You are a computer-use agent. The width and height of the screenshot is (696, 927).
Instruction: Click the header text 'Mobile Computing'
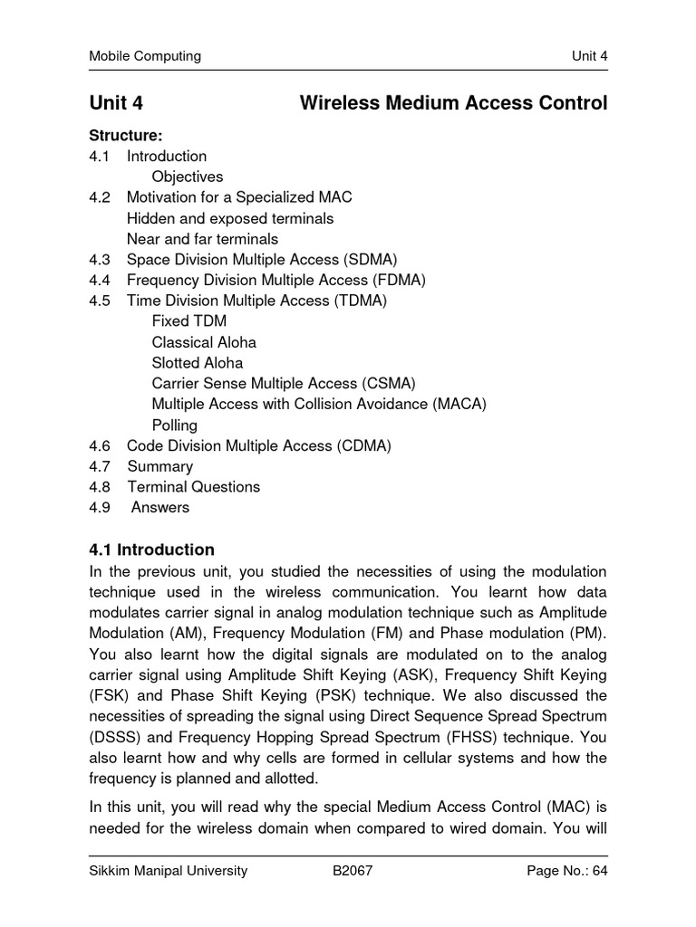tap(144, 56)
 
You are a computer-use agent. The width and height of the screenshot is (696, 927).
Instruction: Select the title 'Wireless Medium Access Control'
tap(453, 103)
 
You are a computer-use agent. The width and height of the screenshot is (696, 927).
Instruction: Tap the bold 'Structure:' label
tap(125, 136)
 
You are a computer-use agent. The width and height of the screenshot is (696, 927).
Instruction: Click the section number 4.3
tap(99, 260)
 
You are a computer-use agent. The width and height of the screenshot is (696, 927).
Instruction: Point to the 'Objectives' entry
tap(187, 177)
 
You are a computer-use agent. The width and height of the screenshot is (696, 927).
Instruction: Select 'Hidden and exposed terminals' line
tap(230, 218)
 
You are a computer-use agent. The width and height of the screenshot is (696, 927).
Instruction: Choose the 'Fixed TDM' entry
tap(189, 321)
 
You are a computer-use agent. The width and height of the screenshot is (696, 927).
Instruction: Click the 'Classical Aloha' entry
tap(204, 342)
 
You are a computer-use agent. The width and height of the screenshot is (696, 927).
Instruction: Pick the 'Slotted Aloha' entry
tap(198, 363)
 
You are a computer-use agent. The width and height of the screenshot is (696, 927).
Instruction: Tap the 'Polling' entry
tap(175, 425)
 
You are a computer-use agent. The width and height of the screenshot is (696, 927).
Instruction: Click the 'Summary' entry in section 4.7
tap(159, 466)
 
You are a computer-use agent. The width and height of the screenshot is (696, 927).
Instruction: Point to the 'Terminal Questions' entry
tap(193, 487)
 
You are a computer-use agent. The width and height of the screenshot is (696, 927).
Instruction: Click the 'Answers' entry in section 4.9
tap(160, 508)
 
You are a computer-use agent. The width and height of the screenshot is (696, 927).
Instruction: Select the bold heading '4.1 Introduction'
tap(151, 550)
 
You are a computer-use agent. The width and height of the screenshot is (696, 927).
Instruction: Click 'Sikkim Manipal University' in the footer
tap(168, 872)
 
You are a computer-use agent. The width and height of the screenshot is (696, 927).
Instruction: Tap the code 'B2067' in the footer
tap(353, 872)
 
